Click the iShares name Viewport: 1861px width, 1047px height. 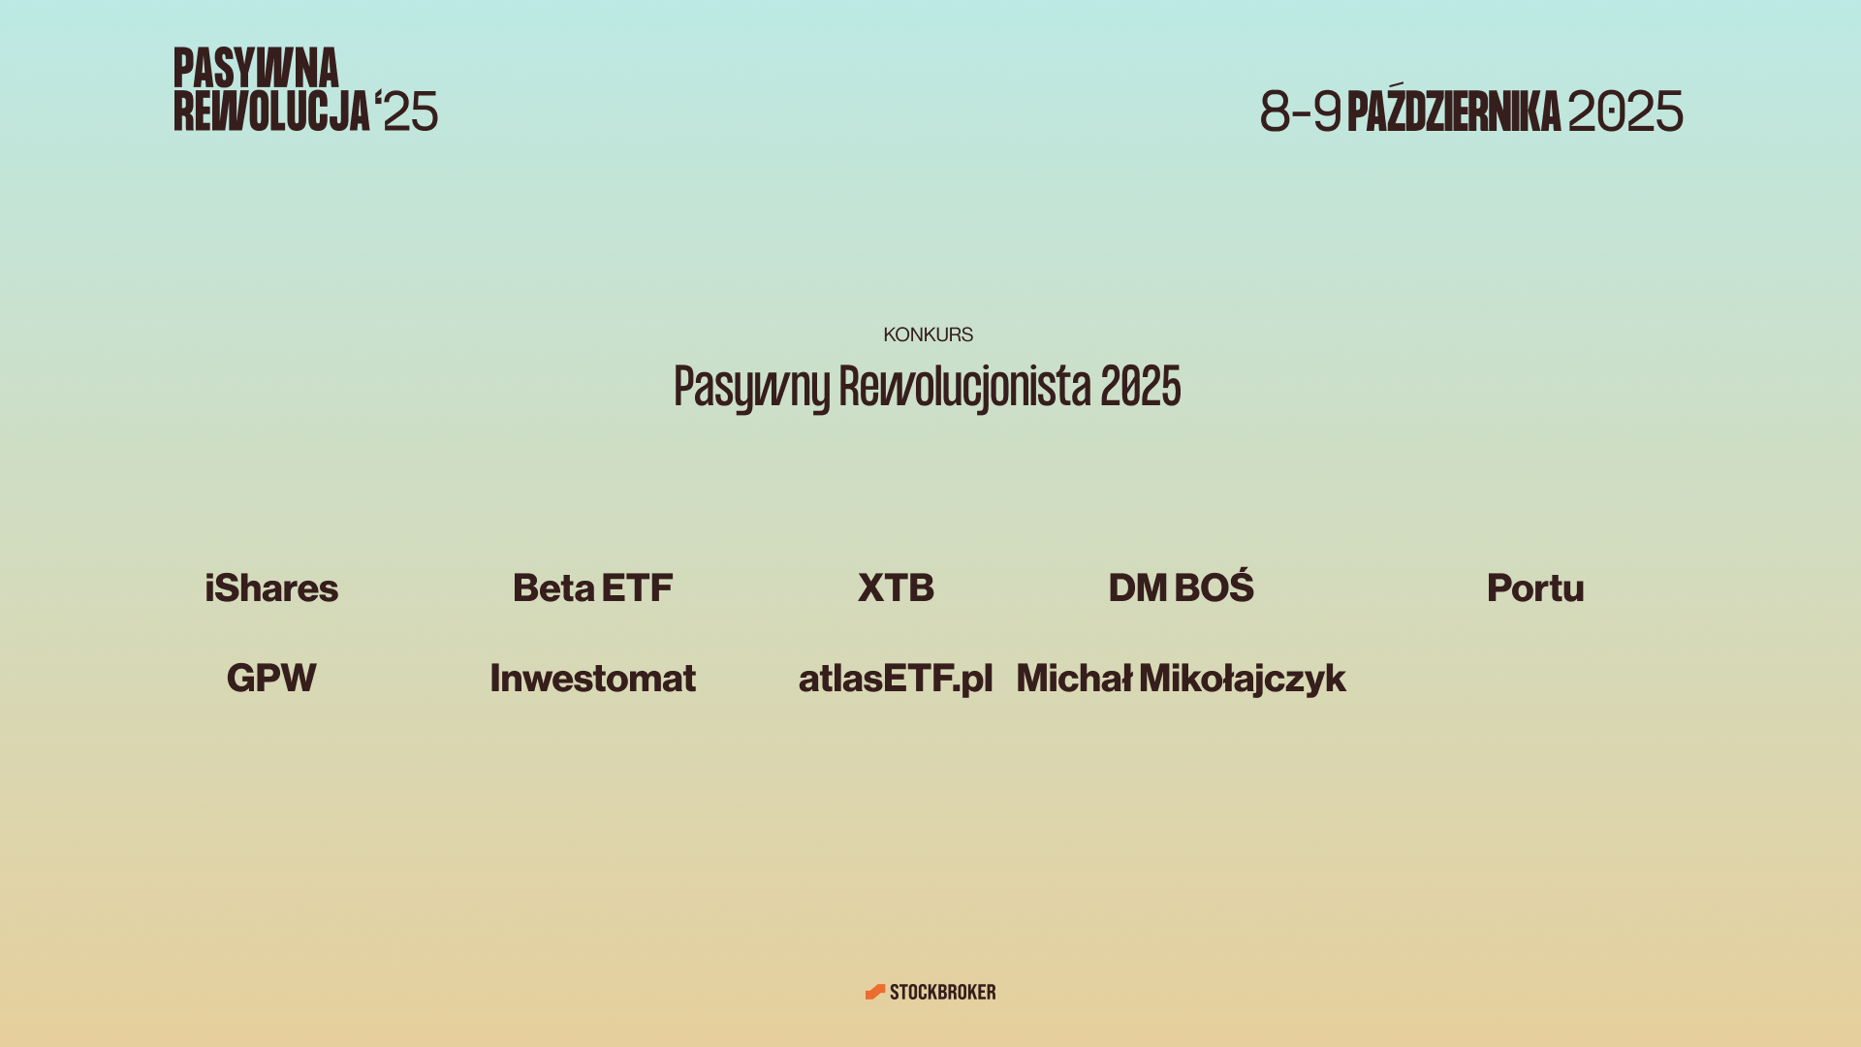pyautogui.click(x=271, y=587)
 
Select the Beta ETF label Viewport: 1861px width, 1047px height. pyautogui.click(x=592, y=587)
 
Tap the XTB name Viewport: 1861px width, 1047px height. pyautogui.click(x=896, y=587)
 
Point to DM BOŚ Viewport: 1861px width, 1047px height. pyautogui.click(x=1181, y=587)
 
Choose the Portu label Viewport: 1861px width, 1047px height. pyautogui.click(x=1535, y=587)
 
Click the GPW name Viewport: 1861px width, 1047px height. pyautogui.click(x=271, y=678)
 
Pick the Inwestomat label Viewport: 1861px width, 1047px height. pyautogui.click(x=592, y=678)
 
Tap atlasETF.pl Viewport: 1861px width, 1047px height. pyautogui.click(x=896, y=679)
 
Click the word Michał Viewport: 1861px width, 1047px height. pyautogui.click(x=1074, y=678)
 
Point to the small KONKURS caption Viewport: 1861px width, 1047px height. pyautogui.click(x=928, y=334)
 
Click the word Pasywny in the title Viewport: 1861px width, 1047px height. pyautogui.click(x=751, y=388)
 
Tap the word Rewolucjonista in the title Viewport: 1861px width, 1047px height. pyautogui.click(x=964, y=388)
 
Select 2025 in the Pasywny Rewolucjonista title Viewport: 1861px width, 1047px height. pyautogui.click(x=1140, y=386)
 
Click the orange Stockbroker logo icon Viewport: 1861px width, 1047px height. pyautogui.click(x=875, y=992)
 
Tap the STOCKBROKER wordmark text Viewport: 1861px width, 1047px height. pyautogui.click(x=942, y=992)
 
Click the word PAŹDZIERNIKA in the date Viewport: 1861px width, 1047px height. pyautogui.click(x=1453, y=109)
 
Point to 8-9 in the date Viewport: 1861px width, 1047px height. pyautogui.click(x=1301, y=111)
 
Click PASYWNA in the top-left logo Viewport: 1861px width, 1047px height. pyautogui.click(x=256, y=68)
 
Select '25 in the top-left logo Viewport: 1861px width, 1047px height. pyautogui.click(x=406, y=111)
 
